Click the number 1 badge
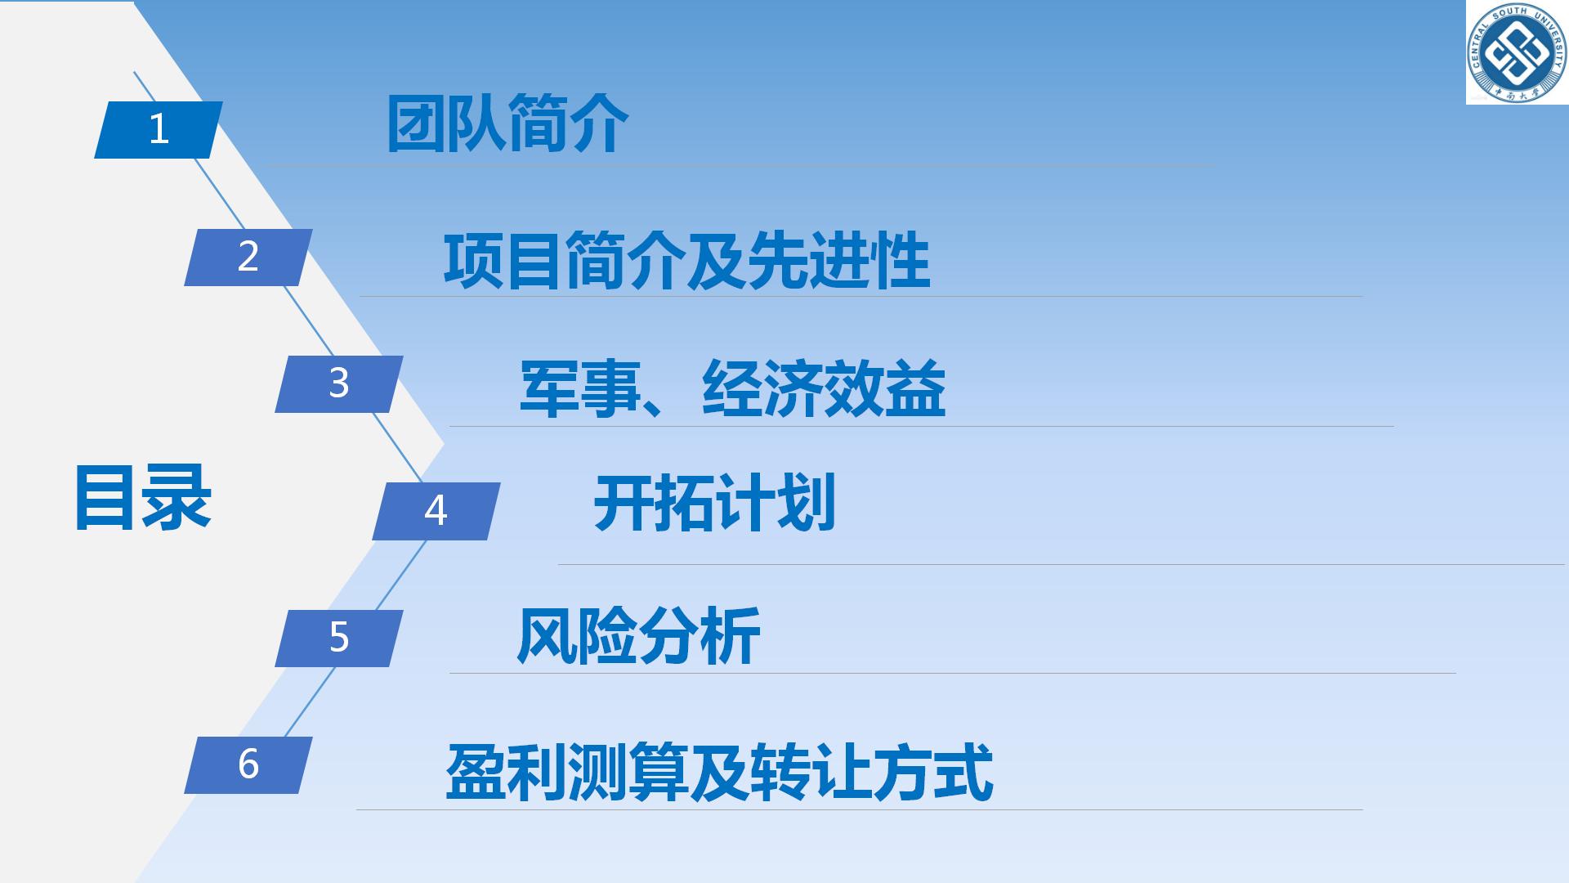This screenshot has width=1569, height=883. [159, 129]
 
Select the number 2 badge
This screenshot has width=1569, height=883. [248, 257]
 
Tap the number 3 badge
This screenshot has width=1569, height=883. [339, 384]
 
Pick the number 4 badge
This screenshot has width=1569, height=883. [436, 511]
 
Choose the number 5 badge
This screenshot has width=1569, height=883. [339, 638]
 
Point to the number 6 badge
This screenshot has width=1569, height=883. [248, 765]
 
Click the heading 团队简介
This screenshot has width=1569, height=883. [507, 124]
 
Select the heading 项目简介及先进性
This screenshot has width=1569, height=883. [687, 261]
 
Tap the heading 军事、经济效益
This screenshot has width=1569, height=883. [733, 389]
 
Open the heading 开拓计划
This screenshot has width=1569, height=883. [715, 503]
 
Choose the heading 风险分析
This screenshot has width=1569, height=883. [638, 634]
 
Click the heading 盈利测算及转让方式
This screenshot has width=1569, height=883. [719, 772]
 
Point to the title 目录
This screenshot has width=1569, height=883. [143, 498]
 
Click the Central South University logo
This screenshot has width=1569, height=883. [1517, 52]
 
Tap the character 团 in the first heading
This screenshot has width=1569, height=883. [417, 124]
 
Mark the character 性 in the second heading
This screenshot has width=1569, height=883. [901, 261]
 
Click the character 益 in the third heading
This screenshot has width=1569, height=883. [916, 389]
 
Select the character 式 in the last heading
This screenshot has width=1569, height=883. [964, 772]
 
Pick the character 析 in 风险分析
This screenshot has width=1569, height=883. [731, 634]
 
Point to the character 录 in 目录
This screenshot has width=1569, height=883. [177, 498]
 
